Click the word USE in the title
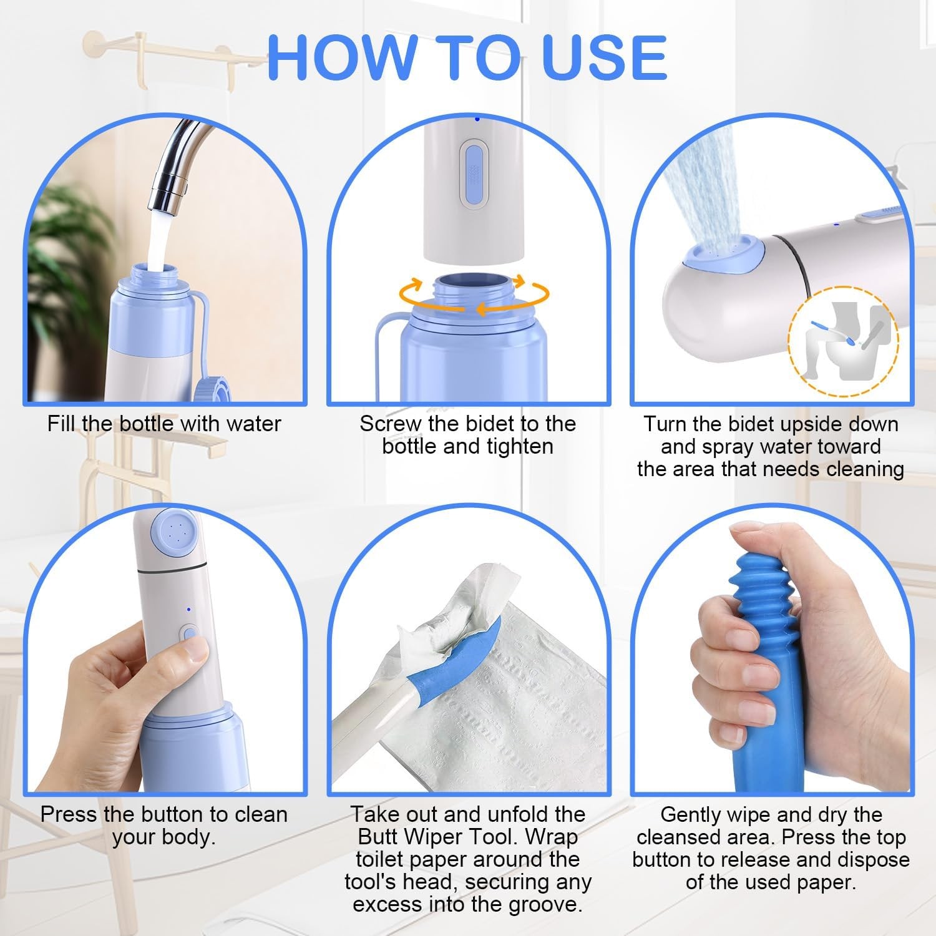[x=604, y=57]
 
